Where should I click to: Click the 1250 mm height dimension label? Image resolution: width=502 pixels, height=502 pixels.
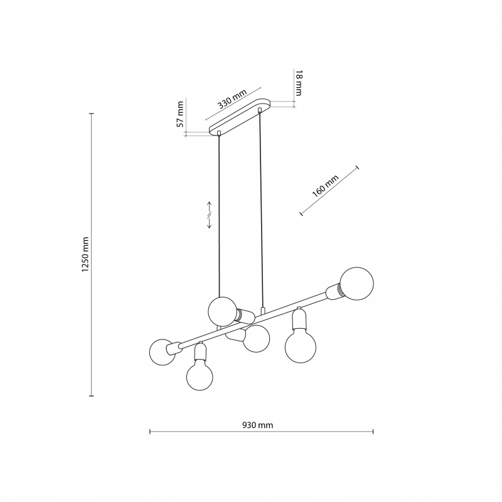[x=85, y=255]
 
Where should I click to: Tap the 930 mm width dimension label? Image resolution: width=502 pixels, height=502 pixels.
[x=258, y=425]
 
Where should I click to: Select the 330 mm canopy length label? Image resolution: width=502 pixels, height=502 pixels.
[x=232, y=99]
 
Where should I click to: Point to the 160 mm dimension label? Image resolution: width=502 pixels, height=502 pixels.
[x=325, y=186]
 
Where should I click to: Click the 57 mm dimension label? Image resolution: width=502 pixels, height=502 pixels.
[x=181, y=114]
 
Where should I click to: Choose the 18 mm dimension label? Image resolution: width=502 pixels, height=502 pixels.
[x=299, y=83]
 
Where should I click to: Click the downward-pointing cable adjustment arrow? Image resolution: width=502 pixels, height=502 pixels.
[x=210, y=223]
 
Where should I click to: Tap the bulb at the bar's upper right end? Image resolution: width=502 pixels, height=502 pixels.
[x=356, y=284]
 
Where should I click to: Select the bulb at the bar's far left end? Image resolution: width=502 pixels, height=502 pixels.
[x=162, y=352]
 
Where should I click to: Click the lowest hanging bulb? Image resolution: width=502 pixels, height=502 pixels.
[x=200, y=377]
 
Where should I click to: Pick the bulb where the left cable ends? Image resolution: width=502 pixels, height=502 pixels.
[x=223, y=311]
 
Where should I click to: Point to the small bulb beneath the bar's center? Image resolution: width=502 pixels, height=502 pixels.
[x=256, y=339]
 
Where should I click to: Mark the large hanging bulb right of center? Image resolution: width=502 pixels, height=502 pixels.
[x=301, y=347]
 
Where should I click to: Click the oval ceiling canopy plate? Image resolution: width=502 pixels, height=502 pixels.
[x=240, y=117]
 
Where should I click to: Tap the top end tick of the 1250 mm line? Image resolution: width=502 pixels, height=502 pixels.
[x=92, y=114]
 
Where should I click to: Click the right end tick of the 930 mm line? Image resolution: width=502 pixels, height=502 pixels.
[x=373, y=432]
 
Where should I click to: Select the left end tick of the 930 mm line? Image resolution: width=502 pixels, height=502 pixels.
[x=150, y=432]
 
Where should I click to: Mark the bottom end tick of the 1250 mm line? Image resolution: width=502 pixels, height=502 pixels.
[x=92, y=396]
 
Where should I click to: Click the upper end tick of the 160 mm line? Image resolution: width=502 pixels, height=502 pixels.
[x=357, y=168]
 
